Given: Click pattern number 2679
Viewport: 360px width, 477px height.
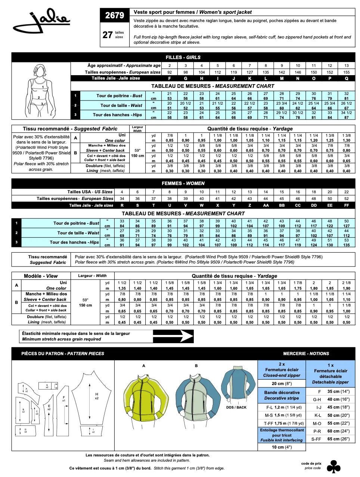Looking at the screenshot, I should pos(114,15).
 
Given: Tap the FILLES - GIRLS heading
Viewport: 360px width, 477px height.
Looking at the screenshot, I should pos(183,57).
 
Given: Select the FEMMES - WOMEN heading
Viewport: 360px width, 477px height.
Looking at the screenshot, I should pos(183,183).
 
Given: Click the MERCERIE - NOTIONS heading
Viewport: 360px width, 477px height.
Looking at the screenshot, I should pos(306,353).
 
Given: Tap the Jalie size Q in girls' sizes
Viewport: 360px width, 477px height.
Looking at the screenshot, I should pos(347,79).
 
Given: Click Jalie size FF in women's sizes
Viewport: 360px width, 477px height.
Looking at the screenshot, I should pos(347,205).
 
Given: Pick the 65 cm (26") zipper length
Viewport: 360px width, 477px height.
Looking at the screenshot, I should pos(338,439).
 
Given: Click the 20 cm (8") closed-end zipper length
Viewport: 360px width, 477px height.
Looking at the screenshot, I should pos(282,383).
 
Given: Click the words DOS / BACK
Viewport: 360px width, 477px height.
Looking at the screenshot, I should pos(236,407).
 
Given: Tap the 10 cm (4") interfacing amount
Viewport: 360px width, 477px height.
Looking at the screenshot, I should pos(282,447).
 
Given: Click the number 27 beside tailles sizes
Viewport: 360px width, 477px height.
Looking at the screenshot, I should pos(108,35).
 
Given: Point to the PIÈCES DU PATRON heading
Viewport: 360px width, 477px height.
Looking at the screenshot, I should pos(63,353).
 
